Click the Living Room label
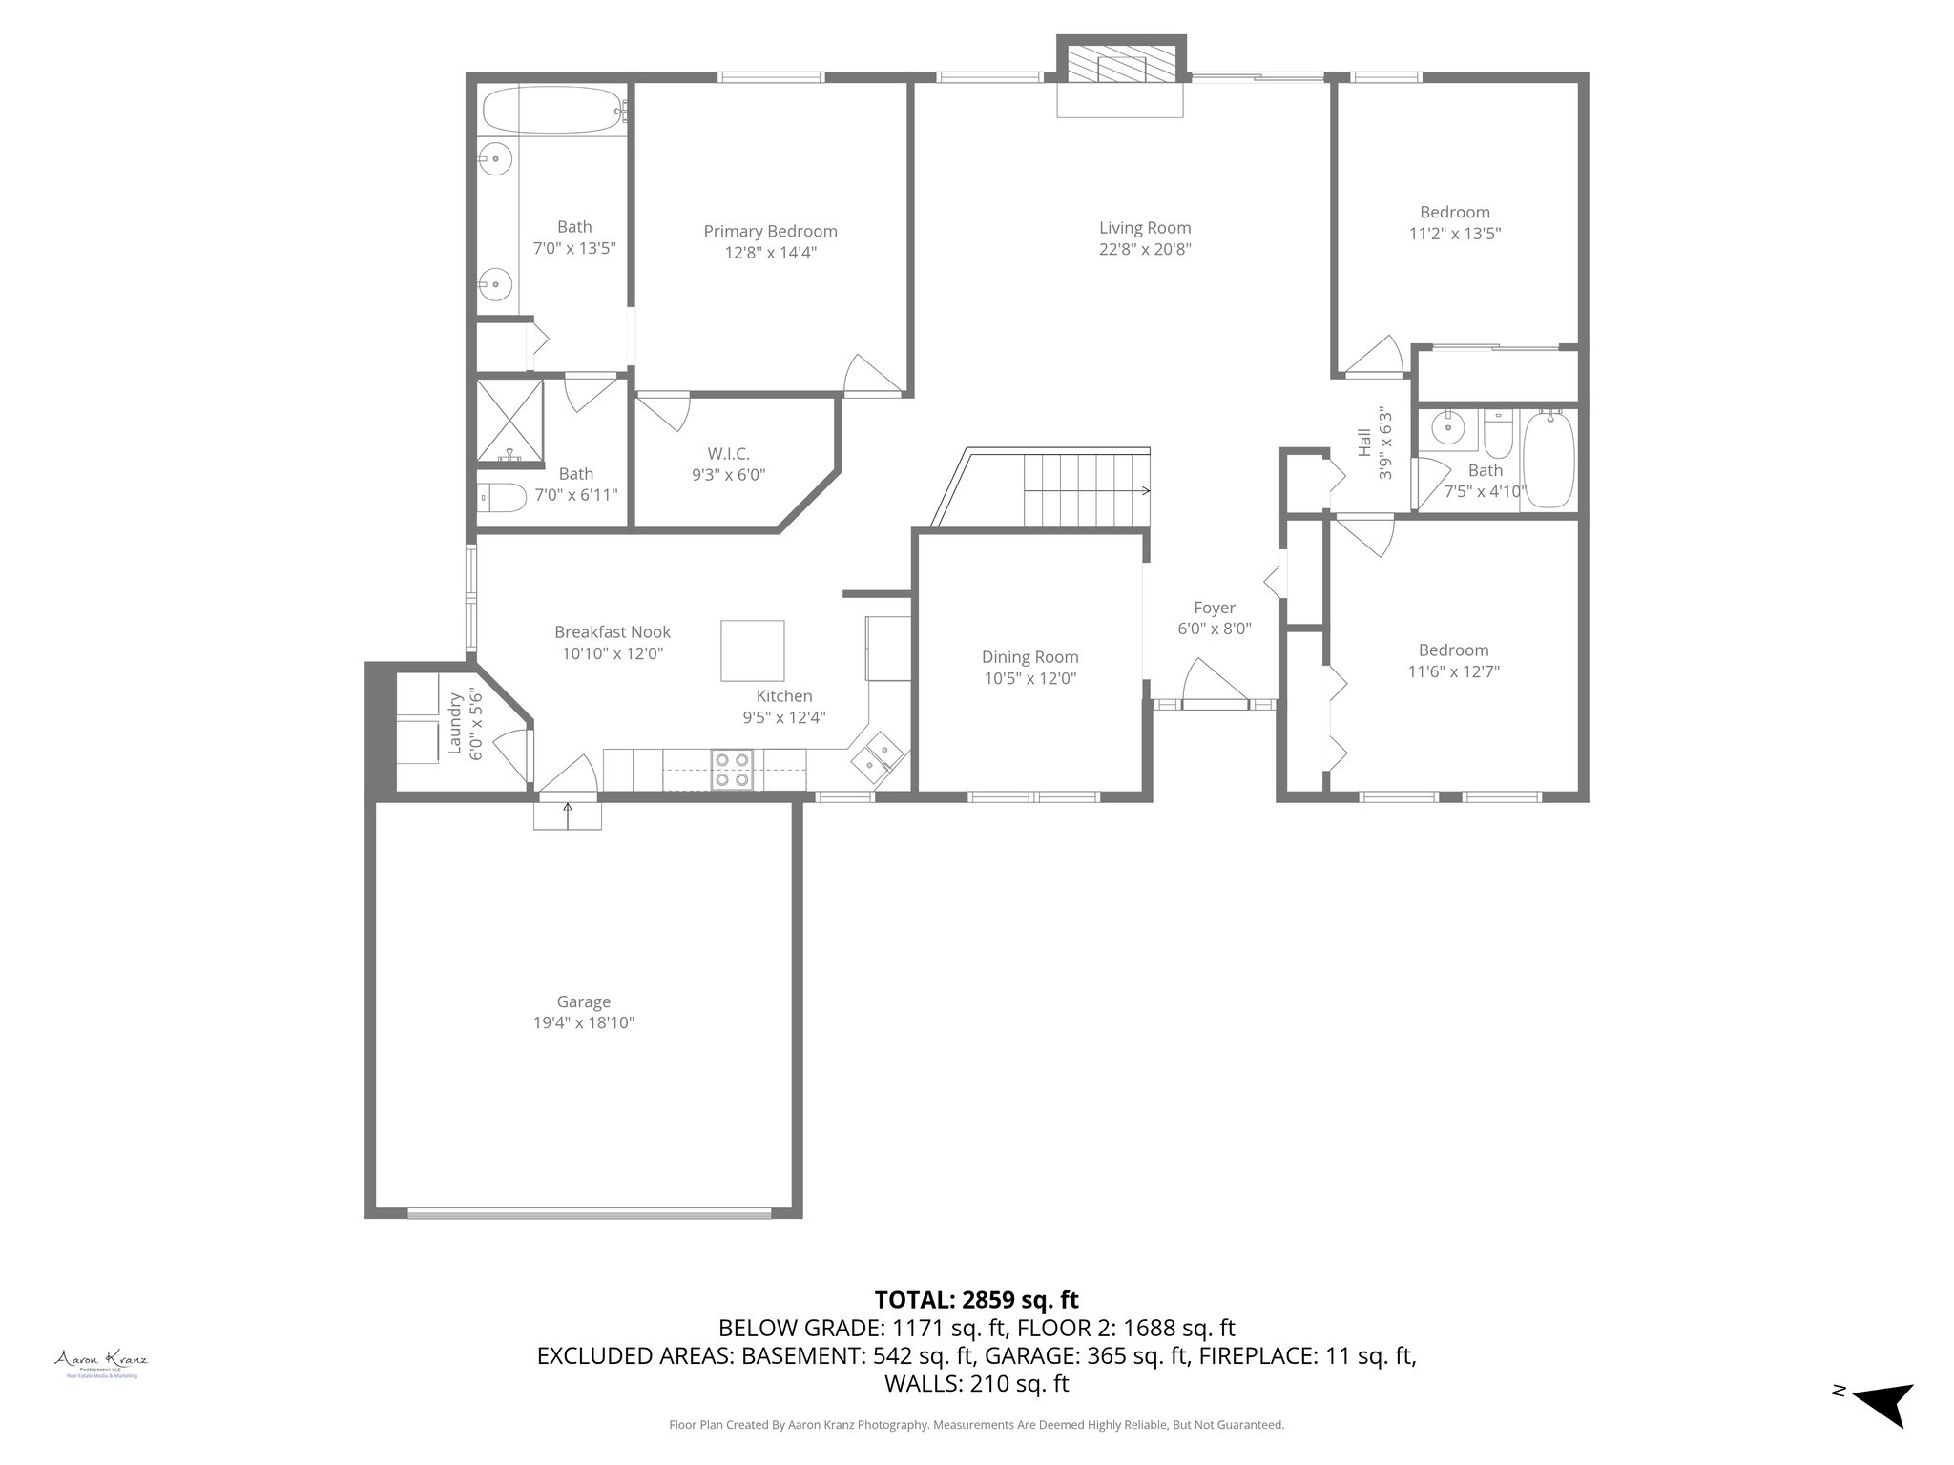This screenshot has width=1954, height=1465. (x=1145, y=228)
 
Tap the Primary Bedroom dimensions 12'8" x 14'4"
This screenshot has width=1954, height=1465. (x=770, y=253)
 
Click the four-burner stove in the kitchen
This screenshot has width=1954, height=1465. (x=733, y=770)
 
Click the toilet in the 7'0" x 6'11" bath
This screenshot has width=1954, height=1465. (x=503, y=497)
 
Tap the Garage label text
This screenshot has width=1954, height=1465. (x=583, y=1001)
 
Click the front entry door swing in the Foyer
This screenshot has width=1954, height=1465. (x=1214, y=680)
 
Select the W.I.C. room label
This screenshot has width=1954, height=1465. (x=728, y=453)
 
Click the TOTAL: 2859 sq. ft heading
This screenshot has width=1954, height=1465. (x=976, y=1299)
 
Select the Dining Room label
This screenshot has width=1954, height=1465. (x=1029, y=657)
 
